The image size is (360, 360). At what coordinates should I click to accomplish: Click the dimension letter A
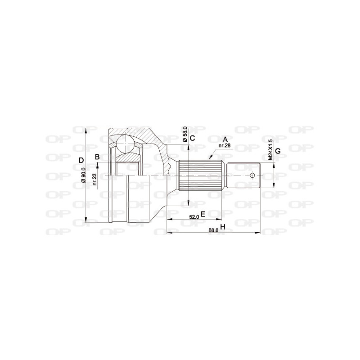(225, 139)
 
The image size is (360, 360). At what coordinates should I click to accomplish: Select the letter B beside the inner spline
(97, 157)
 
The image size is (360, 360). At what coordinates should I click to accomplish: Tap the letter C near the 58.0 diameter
(192, 138)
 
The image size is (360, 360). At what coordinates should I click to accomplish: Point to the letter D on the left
(81, 161)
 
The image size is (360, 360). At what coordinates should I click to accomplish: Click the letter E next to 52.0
(203, 214)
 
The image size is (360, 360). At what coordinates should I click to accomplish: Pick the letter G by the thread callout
(278, 151)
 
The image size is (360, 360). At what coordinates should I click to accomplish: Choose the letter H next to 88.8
(222, 227)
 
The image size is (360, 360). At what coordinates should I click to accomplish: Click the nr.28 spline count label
(224, 146)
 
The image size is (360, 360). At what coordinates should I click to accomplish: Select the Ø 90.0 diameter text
(84, 175)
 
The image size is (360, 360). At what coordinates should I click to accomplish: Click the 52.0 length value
(194, 217)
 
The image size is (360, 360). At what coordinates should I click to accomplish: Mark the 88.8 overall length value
(213, 229)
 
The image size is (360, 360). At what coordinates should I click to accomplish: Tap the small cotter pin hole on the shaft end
(252, 175)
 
